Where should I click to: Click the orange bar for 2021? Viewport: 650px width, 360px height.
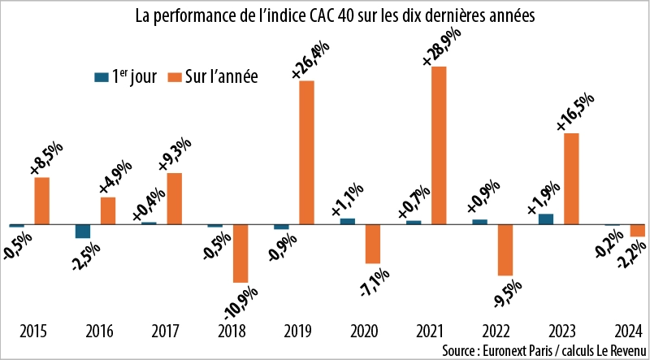tap(439, 145)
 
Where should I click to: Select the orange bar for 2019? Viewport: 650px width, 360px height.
tap(306, 152)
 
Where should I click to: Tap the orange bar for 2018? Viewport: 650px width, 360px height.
tap(240, 253)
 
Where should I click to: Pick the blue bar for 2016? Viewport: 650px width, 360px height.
tap(83, 231)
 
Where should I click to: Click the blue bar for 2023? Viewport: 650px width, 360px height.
tap(547, 219)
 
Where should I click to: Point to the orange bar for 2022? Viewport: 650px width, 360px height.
tap(505, 249)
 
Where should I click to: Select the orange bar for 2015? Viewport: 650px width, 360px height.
tap(42, 200)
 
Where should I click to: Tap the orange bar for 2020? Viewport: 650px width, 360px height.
tap(373, 243)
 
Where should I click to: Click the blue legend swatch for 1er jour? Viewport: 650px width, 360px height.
tap(102, 77)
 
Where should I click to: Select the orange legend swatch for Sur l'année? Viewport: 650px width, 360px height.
tap(172, 77)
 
